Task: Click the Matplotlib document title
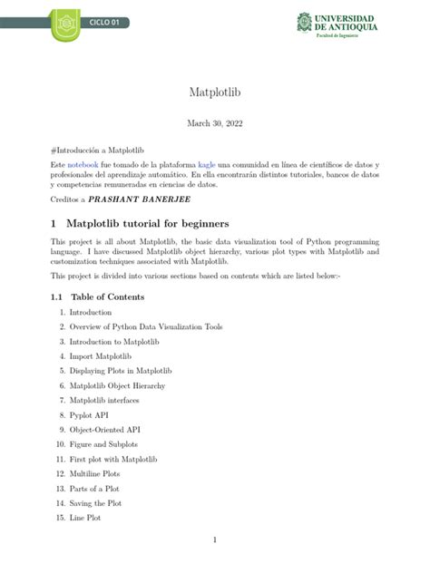pos(214,92)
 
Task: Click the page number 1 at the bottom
pos(214,541)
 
